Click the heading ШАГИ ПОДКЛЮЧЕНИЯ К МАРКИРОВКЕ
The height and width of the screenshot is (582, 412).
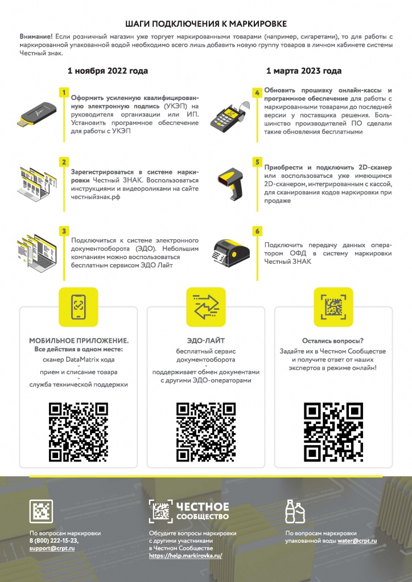pos(206,24)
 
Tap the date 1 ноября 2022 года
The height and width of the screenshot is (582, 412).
pos(108,71)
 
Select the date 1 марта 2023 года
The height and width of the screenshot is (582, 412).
pos(304,71)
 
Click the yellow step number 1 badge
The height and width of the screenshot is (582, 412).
pos(64,93)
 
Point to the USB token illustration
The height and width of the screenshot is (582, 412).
pos(37,114)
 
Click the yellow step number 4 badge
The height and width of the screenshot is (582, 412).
pos(257,93)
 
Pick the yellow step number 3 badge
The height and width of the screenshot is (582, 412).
pos(64,231)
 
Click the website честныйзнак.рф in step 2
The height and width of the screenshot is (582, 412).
pos(96,197)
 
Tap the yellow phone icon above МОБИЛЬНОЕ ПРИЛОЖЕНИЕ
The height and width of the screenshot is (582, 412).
pos(79,307)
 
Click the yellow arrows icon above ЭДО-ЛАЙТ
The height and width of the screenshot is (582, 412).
pos(206,307)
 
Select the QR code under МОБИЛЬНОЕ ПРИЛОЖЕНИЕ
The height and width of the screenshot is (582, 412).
pos(79,432)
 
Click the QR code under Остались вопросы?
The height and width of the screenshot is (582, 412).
pos(333,432)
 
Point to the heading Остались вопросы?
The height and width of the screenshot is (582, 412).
pos(333,341)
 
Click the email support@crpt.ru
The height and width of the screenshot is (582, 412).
pos(52,548)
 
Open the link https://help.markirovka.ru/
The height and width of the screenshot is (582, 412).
pos(186,556)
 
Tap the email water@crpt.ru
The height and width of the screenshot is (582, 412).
pos(357,541)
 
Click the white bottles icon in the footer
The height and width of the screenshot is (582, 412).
pos(295,512)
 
